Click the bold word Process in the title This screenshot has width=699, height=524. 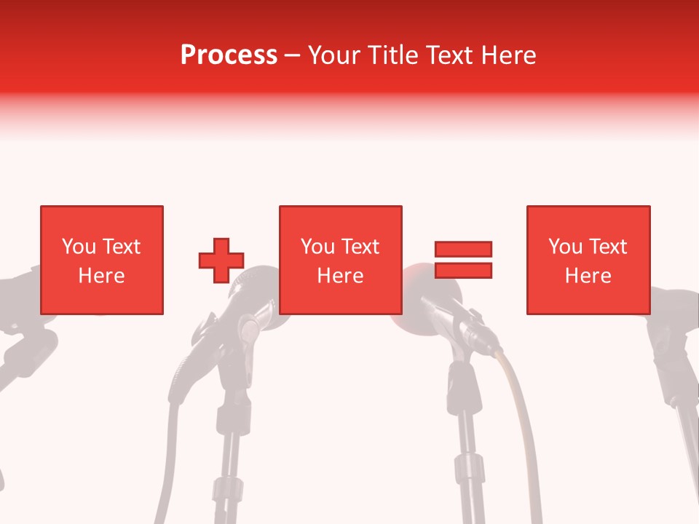pos(229,55)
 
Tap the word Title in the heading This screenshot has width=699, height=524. pos(393,55)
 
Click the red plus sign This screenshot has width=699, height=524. pos(221,260)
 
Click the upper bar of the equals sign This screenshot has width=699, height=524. pos(463,249)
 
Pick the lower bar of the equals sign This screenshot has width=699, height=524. pos(463,270)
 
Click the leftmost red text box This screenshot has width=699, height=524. pos(102,260)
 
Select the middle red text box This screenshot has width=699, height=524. pos(341,260)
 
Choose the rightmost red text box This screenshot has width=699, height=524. pos(588,260)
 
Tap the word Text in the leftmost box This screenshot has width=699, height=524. pos(121,247)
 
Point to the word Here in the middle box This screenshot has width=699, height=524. pos(341,276)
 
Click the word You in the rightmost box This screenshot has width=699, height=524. pos(565,247)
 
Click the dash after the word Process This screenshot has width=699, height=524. pos(293,56)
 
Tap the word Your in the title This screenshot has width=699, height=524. pos(335,55)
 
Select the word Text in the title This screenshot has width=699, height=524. pos(450,55)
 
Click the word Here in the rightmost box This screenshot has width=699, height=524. pos(588,276)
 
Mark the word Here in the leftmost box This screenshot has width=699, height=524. pos(102,276)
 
